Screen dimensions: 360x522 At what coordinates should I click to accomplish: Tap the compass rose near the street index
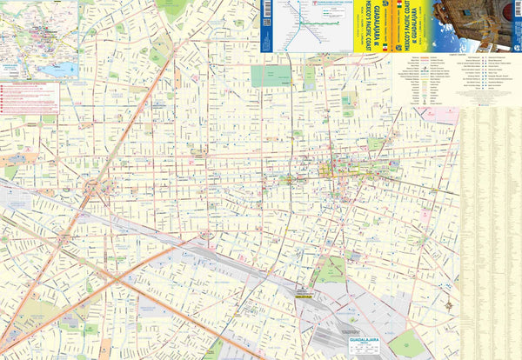(449, 305)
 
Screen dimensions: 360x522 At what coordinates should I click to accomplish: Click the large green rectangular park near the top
(271, 77)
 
